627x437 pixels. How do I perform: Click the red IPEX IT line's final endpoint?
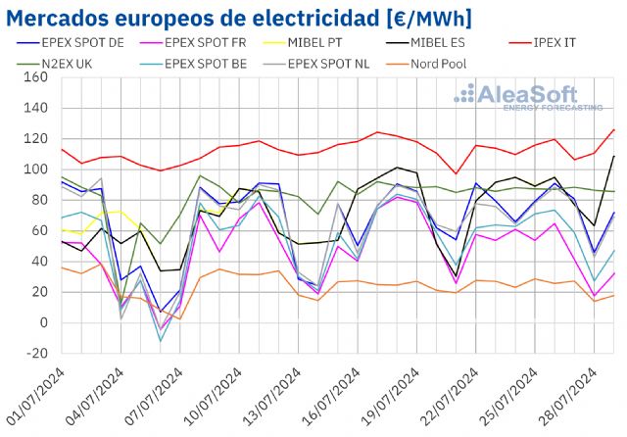614,129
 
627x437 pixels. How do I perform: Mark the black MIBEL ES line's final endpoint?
614,156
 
